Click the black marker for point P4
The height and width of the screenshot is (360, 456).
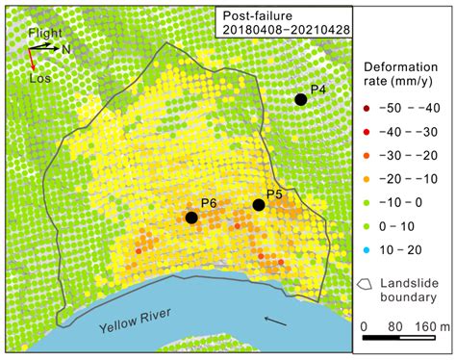click(301, 99)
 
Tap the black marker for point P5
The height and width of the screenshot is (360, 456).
click(259, 205)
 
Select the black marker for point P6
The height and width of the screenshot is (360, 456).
click(191, 219)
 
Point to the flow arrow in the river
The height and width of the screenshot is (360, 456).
click(275, 321)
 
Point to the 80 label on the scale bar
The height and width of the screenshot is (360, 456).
click(394, 326)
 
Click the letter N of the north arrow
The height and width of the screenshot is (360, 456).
click(65, 47)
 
